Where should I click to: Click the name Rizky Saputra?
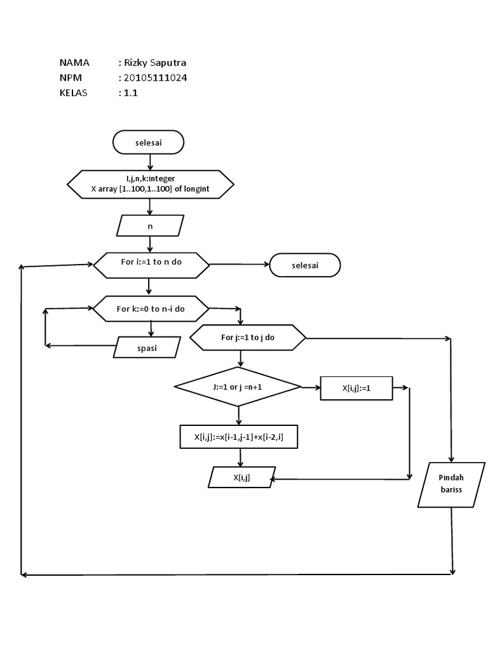154,62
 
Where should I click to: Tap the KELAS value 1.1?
130,93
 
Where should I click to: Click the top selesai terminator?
148,143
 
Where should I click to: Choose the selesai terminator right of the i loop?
305,265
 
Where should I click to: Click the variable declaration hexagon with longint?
151,185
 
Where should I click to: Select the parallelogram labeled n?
151,225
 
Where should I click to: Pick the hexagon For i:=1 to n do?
151,265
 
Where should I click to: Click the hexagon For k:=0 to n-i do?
151,309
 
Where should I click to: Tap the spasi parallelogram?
147,347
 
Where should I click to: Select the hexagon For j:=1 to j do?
248,338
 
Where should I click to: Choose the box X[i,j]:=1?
356,388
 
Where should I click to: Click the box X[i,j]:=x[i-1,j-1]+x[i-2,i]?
238,437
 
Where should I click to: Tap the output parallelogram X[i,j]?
241,477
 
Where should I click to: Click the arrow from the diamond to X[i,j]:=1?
311,387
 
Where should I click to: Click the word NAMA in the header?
74,62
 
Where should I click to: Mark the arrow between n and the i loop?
150,244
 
